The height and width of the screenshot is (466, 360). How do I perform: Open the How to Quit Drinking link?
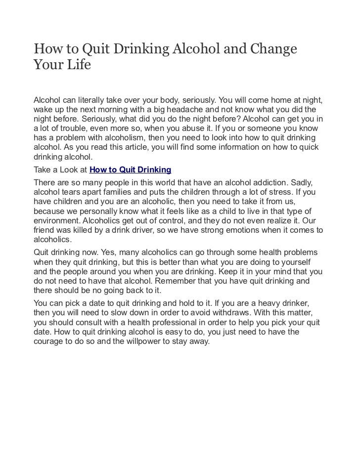130,169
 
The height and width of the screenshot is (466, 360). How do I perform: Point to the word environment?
56,221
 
